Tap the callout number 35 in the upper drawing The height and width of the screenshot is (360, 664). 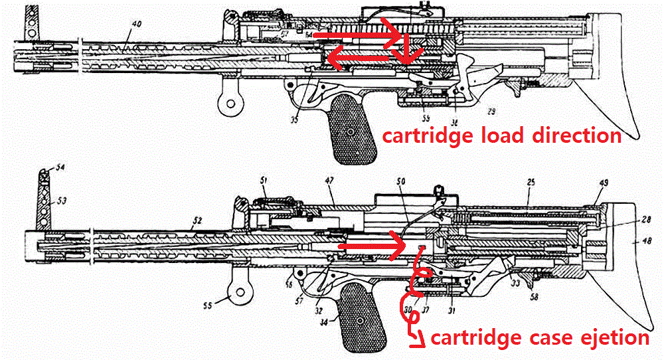click(294, 119)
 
